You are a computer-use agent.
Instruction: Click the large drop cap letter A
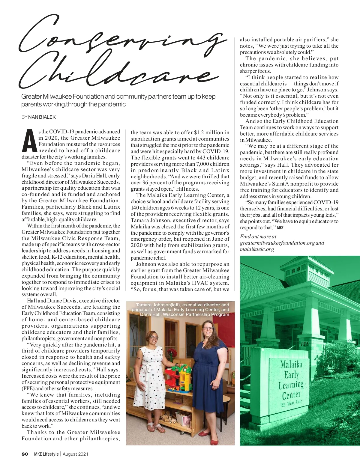click(x=29, y=141)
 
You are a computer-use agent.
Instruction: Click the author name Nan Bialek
click(x=42, y=117)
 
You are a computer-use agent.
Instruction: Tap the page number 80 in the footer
click(x=25, y=454)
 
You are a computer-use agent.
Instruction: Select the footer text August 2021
click(x=75, y=454)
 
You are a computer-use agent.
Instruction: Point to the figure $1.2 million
click(x=211, y=132)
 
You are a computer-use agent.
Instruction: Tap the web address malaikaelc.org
click(x=257, y=249)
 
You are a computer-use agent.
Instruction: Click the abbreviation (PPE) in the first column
click(x=28, y=388)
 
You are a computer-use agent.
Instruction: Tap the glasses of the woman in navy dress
click(x=208, y=329)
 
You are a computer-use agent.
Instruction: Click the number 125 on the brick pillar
click(x=304, y=344)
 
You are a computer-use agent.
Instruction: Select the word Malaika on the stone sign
click(x=291, y=364)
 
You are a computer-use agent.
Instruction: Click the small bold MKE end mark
click(x=280, y=228)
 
